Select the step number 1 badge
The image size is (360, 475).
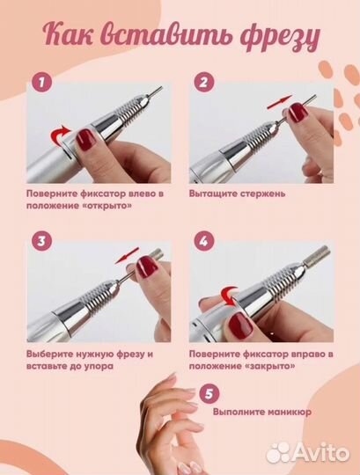click(x=39, y=83)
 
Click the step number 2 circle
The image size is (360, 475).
click(x=204, y=83)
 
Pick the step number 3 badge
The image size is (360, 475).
click(x=39, y=239)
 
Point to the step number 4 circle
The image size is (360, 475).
click(x=204, y=239)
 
